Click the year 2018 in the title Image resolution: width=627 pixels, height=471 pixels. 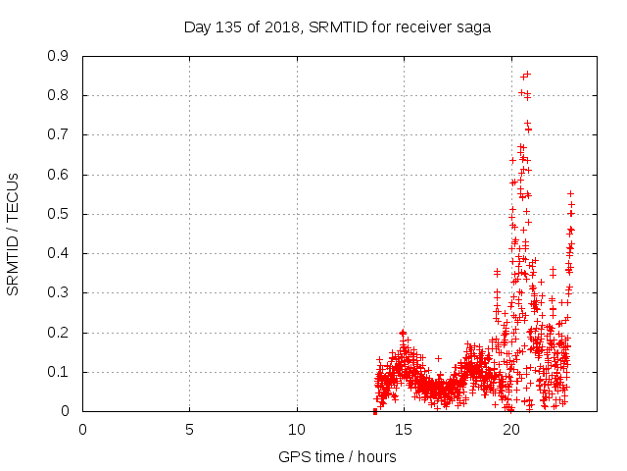[x=284, y=26]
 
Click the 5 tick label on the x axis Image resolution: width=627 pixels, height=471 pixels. [x=189, y=429]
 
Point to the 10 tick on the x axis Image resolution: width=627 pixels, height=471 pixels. [x=296, y=429]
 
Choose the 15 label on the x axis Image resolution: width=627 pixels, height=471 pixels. [x=404, y=429]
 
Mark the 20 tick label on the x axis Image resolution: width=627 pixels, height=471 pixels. [x=510, y=429]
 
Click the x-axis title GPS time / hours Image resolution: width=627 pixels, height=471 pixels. [x=337, y=456]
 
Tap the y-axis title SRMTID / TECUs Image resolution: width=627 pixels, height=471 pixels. [x=13, y=234]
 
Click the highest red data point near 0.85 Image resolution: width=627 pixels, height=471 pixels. [x=527, y=74]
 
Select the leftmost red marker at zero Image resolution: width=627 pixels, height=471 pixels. [x=375, y=411]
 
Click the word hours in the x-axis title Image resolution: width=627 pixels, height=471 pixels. [x=376, y=456]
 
